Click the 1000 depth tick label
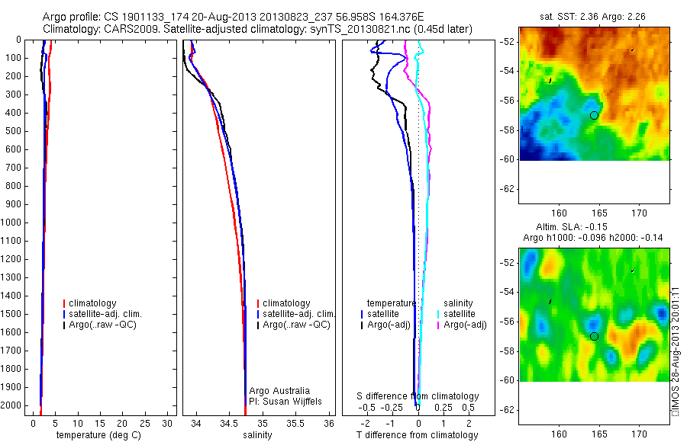pyautogui.click(x=12, y=223)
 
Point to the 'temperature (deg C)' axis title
pyautogui.click(x=97, y=435)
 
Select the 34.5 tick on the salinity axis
pyautogui.click(x=229, y=423)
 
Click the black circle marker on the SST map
pyautogui.click(x=594, y=115)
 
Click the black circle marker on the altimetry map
pyautogui.click(x=594, y=336)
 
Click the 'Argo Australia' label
pyautogui.click(x=279, y=391)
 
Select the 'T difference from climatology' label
pyautogui.click(x=417, y=435)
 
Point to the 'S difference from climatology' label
pyautogui.click(x=418, y=396)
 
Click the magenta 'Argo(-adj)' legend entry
pyautogui.click(x=465, y=325)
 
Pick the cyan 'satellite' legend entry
pyautogui.click(x=460, y=314)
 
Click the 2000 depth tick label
pyautogui.click(x=12, y=406)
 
